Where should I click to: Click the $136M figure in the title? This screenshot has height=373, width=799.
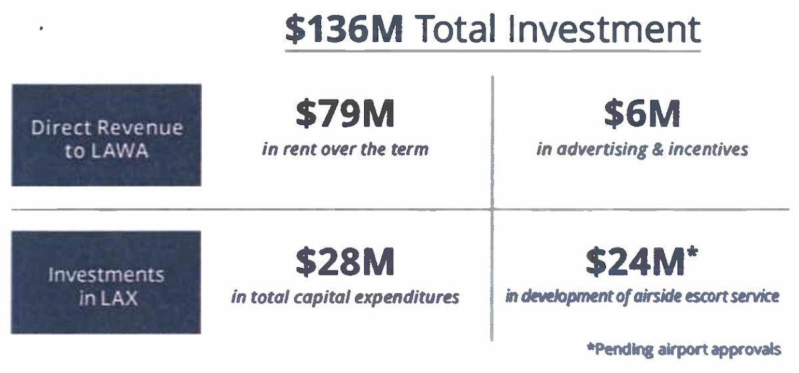344,29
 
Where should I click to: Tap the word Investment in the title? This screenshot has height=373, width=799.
605,29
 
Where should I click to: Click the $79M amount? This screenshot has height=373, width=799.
346,113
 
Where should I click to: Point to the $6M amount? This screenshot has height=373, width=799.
642,113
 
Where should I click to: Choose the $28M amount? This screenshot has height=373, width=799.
346,262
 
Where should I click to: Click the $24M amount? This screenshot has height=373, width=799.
635,262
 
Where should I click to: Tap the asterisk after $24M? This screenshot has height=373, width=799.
692,252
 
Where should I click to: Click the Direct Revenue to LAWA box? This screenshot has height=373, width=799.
107,135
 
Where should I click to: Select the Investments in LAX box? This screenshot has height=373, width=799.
106,283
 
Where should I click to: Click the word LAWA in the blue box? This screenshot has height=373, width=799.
119,151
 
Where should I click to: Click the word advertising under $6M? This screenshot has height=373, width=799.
602,150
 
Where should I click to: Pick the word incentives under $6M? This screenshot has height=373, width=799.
708,150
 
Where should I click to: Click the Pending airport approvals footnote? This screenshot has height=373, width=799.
684,350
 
